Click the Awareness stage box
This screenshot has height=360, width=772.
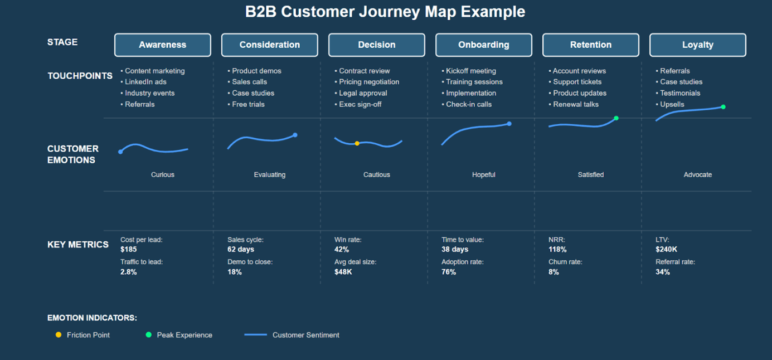point(163,45)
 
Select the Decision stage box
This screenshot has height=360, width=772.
point(377,45)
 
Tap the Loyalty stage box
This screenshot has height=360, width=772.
point(698,45)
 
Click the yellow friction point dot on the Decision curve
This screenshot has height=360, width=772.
point(357,144)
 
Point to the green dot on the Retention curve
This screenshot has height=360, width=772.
point(616,118)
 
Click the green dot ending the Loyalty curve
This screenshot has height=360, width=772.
point(723,107)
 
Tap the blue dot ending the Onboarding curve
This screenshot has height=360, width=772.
point(509,124)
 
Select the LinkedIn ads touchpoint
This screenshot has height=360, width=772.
point(145,82)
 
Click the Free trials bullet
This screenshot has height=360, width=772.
point(248,104)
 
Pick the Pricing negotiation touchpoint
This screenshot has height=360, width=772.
point(369,82)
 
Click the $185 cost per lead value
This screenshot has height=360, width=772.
point(129,250)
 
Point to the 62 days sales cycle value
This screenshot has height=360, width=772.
point(241,250)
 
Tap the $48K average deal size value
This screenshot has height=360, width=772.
point(343,272)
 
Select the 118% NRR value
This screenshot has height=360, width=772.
point(557,250)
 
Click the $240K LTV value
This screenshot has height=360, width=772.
point(667,250)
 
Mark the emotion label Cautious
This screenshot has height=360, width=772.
point(377,175)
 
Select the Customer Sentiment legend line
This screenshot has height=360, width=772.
point(256,335)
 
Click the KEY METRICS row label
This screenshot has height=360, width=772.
point(78,245)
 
